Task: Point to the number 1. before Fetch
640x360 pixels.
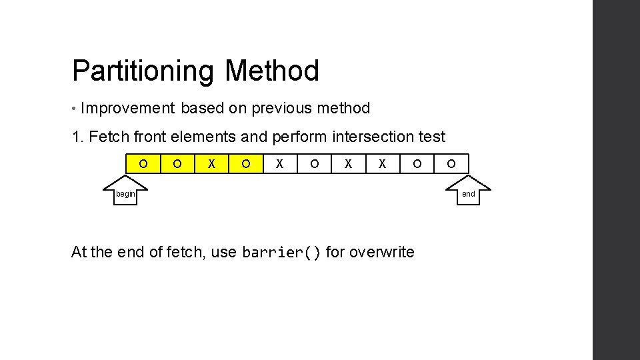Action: coord(78,137)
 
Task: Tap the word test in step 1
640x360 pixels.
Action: coord(432,137)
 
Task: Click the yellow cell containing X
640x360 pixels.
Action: coord(211,163)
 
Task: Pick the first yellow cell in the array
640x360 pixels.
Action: coord(143,163)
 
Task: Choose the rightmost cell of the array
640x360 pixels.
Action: coord(451,163)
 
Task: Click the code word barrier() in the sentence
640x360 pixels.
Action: coord(282,253)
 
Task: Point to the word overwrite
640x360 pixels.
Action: coord(381,252)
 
